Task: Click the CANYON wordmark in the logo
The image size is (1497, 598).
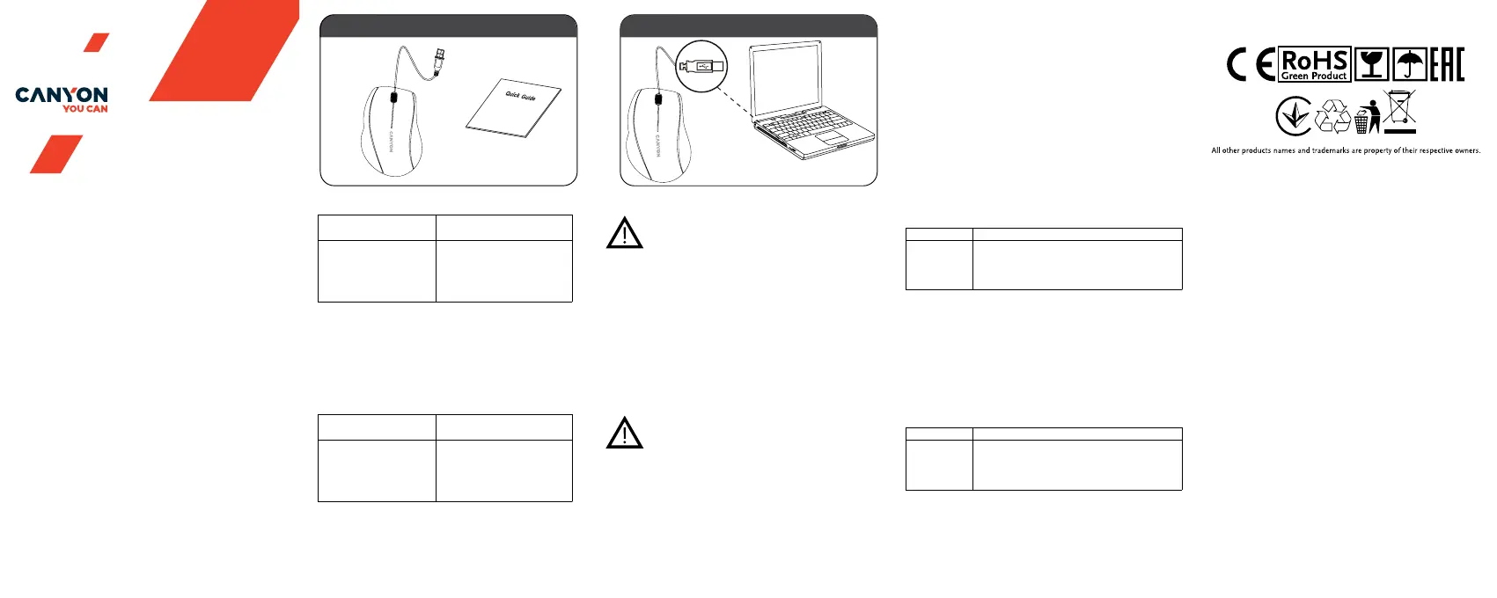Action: tap(62, 95)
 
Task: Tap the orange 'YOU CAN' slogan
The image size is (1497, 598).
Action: tap(85, 109)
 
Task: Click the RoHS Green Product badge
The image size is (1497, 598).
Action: tap(1314, 65)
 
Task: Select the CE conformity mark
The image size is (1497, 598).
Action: tap(1251, 65)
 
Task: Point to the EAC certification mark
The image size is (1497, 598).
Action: tap(1447, 65)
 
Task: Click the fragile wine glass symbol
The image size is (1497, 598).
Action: tap(1371, 65)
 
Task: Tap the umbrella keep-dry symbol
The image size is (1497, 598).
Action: tap(1410, 65)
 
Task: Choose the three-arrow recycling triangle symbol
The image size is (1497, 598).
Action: tap(1332, 116)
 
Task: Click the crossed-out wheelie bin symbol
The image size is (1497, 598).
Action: tap(1400, 112)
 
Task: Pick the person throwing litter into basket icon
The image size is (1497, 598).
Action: tap(1367, 117)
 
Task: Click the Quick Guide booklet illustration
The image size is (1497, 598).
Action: tap(514, 108)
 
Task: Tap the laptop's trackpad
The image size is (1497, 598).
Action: tap(830, 139)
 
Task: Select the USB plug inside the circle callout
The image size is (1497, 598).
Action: tap(702, 66)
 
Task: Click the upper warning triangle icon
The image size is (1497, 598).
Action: tap(625, 233)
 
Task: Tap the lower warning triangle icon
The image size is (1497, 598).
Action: tap(625, 433)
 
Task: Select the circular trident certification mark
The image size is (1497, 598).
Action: tap(1294, 116)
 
